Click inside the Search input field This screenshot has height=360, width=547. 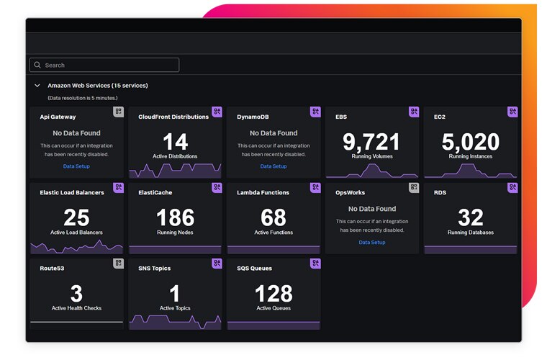pos(108,65)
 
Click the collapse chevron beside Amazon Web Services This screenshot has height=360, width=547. pos(37,86)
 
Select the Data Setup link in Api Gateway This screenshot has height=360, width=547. pos(76,166)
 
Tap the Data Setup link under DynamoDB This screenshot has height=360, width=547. pos(273,166)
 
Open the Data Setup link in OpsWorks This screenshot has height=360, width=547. pos(372,242)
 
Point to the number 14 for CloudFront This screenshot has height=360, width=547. pos(175,141)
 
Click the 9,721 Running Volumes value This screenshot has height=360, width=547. pos(371,141)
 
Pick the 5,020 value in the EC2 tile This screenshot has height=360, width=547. pos(471,141)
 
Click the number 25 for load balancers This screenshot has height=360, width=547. pos(76,217)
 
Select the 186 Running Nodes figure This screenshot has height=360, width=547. pos(175,217)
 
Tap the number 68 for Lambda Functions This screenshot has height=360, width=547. pos(273,217)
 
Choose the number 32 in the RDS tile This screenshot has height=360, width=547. pos(471,217)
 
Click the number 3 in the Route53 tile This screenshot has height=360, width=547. pos(76,293)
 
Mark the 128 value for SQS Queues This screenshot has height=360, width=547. pos(273,293)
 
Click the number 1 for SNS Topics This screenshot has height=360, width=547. pos(175,293)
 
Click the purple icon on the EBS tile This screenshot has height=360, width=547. pos(414,112)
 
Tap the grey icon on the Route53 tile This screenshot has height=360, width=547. pos(119,264)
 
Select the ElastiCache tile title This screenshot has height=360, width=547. pos(155,193)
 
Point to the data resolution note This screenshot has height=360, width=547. pos(82,97)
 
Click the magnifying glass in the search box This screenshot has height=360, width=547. pos(37,65)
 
